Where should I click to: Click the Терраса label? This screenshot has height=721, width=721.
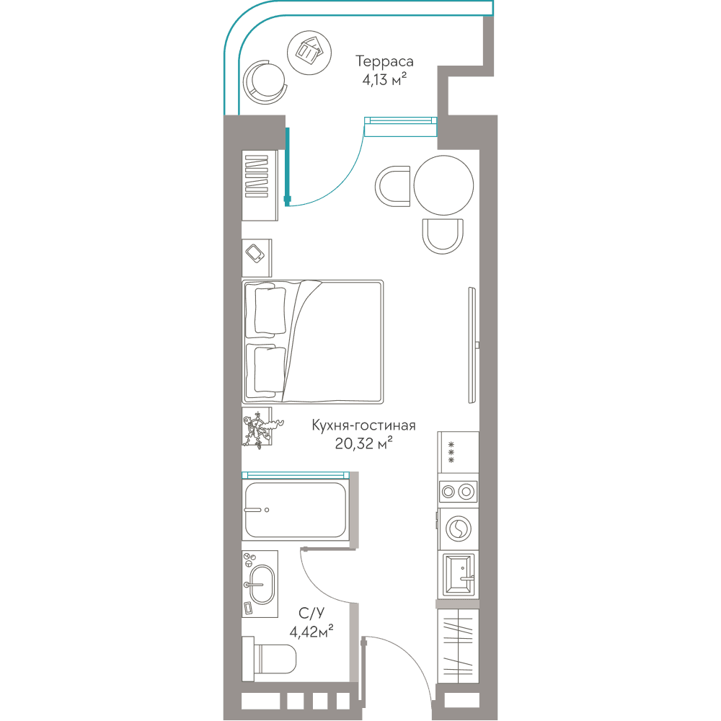point(384,61)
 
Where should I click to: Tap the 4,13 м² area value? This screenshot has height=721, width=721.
point(384,80)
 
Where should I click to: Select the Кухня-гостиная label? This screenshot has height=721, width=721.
point(363,425)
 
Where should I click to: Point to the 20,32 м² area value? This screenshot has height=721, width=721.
point(363,443)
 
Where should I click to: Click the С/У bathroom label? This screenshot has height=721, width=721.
point(311,613)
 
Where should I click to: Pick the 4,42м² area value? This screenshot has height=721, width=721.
point(311,632)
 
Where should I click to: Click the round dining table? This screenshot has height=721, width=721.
point(443,185)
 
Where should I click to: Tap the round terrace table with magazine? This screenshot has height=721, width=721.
point(309,53)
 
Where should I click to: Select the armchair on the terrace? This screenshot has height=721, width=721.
point(265,84)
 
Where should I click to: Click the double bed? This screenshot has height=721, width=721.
point(313,342)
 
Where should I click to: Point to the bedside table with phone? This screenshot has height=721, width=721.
point(257,258)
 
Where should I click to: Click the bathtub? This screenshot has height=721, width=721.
point(295,510)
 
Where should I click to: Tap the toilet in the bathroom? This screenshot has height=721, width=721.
point(270,658)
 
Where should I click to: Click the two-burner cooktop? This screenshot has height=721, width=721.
point(458,492)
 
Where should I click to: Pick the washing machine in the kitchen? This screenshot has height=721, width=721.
point(458,528)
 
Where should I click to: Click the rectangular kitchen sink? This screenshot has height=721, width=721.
point(459,575)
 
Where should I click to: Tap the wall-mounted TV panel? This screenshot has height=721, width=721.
point(472,345)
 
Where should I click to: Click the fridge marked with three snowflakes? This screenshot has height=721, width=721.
point(458,453)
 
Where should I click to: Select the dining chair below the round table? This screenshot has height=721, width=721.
point(443,236)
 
